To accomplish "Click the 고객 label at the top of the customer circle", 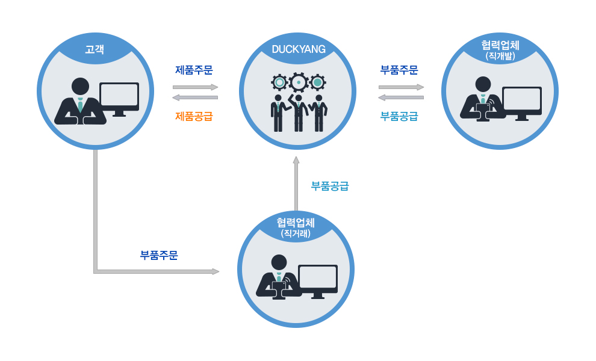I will pyautogui.click(x=95, y=49).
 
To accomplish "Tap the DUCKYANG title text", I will pyautogui.click(x=299, y=49).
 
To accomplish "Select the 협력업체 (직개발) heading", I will pyautogui.click(x=500, y=49).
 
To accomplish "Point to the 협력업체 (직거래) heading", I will pyautogui.click(x=296, y=226).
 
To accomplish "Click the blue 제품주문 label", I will pyautogui.click(x=194, y=70).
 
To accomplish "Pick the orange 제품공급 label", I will pyautogui.click(x=194, y=116).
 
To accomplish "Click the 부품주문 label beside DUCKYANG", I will pyautogui.click(x=399, y=70).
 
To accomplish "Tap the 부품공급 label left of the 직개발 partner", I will pyautogui.click(x=399, y=116).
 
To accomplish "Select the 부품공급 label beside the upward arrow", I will pyautogui.click(x=330, y=186).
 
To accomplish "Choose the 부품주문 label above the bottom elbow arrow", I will pyautogui.click(x=159, y=255).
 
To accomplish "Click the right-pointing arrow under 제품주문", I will pyautogui.click(x=195, y=87).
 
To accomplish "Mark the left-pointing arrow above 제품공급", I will pyautogui.click(x=195, y=97).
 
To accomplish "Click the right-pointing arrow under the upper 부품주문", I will pyautogui.click(x=401, y=87).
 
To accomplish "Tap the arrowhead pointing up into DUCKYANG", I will pyautogui.click(x=296, y=160).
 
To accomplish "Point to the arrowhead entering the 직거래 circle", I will pyautogui.click(x=216, y=271).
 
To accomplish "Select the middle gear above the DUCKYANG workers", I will pyautogui.click(x=299, y=82).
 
